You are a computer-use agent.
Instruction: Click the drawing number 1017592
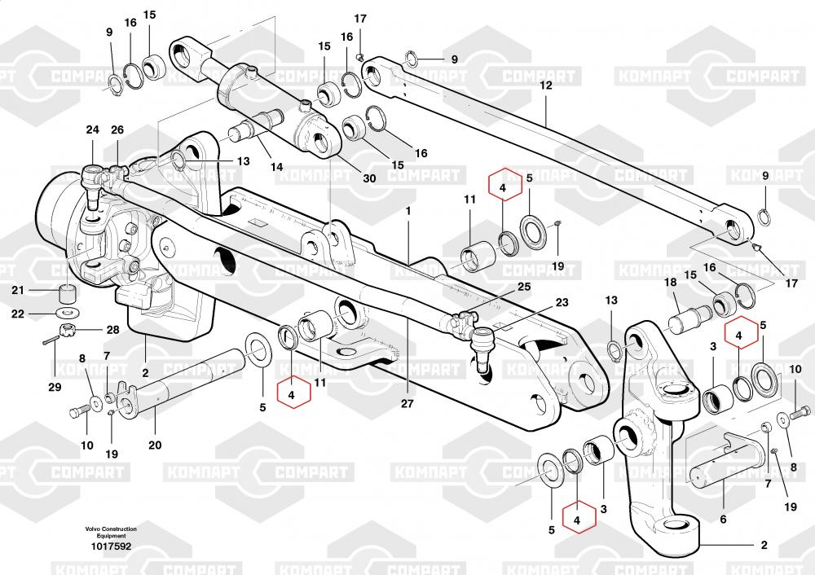pyautogui.click(x=109, y=546)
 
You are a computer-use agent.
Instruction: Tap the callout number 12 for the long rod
pyautogui.click(x=546, y=85)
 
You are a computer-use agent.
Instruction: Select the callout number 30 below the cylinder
pyautogui.click(x=370, y=179)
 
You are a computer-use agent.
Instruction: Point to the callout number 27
pyautogui.click(x=407, y=403)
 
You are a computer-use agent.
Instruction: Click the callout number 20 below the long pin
pyautogui.click(x=155, y=445)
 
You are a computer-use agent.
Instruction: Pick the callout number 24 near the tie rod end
pyautogui.click(x=92, y=130)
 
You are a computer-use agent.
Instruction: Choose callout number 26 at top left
pyautogui.click(x=117, y=130)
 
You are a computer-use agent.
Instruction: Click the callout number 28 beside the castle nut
pyautogui.click(x=112, y=329)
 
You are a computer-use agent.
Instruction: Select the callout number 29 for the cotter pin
pyautogui.click(x=54, y=387)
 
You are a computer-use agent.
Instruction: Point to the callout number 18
pyautogui.click(x=670, y=283)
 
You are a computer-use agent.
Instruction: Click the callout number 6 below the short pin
pyautogui.click(x=722, y=519)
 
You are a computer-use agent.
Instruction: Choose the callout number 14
pyautogui.click(x=277, y=167)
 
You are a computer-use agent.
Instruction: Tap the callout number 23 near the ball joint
pyautogui.click(x=562, y=302)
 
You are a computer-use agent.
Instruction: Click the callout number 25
pyautogui.click(x=523, y=287)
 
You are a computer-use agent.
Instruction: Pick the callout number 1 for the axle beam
pyautogui.click(x=408, y=209)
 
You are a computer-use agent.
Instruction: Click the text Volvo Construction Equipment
pyautogui.click(x=111, y=533)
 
